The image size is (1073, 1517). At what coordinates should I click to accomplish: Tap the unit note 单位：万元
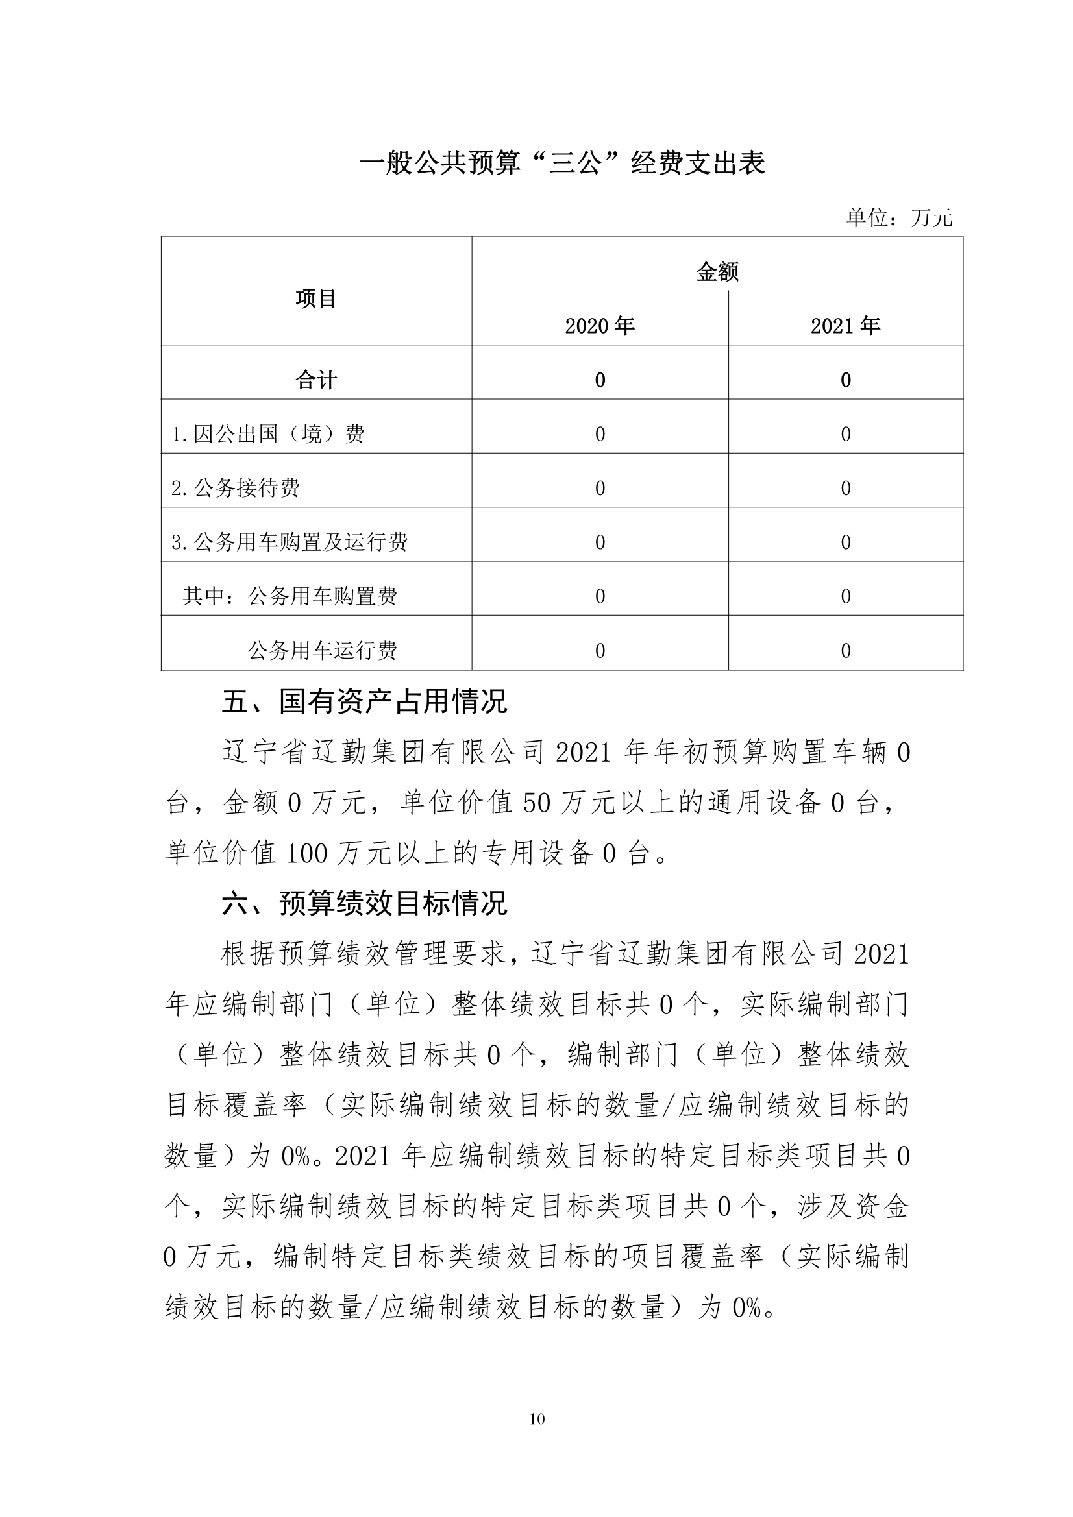899,218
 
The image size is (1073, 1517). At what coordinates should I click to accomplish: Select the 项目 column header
316,299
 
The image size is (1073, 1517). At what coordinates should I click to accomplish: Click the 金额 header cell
717,272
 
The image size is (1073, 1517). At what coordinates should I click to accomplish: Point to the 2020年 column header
600,326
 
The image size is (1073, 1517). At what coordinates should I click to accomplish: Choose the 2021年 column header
846,326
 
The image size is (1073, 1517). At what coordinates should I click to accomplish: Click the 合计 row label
316,380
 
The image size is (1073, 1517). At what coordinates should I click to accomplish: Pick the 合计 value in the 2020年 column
600,380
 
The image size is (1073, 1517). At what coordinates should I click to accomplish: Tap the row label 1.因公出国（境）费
267,434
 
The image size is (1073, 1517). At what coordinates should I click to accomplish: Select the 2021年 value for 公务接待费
846,489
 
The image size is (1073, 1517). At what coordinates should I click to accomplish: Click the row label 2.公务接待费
236,489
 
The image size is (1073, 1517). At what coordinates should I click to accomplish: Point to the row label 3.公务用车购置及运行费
290,542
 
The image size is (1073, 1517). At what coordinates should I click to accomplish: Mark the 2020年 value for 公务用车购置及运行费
600,542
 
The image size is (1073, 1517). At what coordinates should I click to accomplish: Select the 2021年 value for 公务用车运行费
846,651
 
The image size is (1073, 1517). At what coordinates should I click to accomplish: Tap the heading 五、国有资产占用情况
364,701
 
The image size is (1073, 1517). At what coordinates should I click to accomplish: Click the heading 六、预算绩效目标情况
364,903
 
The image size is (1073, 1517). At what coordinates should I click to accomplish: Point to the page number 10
537,1419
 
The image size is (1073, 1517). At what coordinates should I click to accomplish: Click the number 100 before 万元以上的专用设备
307,854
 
